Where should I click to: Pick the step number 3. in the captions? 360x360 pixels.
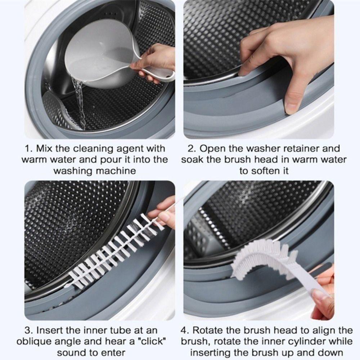(x=30, y=330)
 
